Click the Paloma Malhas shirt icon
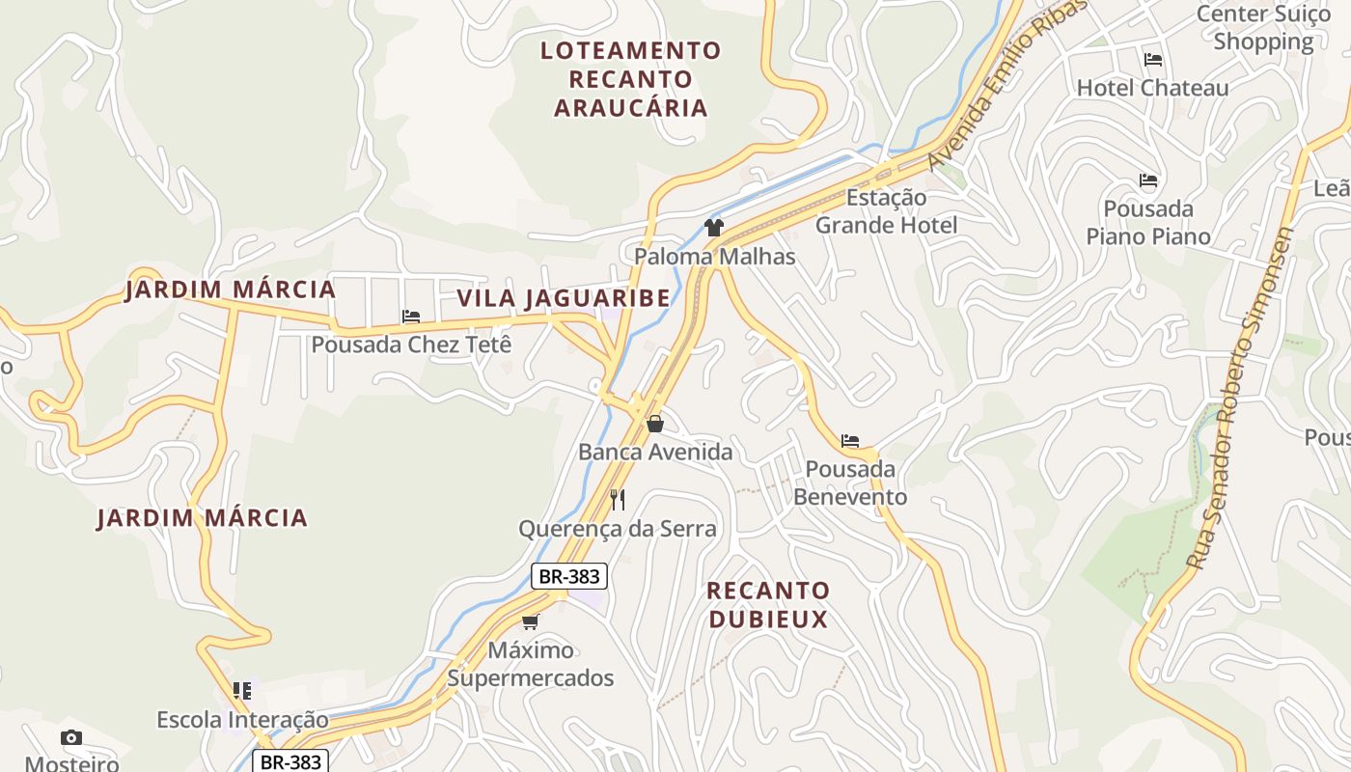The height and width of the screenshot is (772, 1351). [713, 228]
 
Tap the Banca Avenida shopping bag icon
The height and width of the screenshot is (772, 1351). [655, 423]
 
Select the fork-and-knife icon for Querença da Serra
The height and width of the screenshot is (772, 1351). [618, 499]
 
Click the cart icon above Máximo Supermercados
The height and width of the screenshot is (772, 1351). [530, 621]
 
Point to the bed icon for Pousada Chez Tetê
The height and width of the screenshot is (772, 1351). [411, 316]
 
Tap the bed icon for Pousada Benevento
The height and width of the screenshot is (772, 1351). [850, 441]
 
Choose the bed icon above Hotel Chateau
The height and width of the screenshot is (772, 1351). [1152, 60]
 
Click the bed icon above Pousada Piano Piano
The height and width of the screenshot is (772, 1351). [1148, 180]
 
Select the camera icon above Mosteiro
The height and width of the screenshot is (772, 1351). [71, 738]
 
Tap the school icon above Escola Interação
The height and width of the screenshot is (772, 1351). [242, 691]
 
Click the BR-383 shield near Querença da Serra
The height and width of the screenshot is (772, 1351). [569, 577]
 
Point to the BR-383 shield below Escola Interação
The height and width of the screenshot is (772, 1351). [290, 761]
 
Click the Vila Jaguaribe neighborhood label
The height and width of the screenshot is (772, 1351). [564, 298]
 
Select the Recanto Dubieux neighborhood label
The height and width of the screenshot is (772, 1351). [768, 605]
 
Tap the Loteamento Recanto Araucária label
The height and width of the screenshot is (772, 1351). [631, 79]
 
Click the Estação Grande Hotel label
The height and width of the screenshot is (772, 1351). [886, 211]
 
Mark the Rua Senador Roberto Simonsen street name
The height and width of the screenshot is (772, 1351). [1240, 398]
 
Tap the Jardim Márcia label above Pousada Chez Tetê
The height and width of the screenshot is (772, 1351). [230, 289]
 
